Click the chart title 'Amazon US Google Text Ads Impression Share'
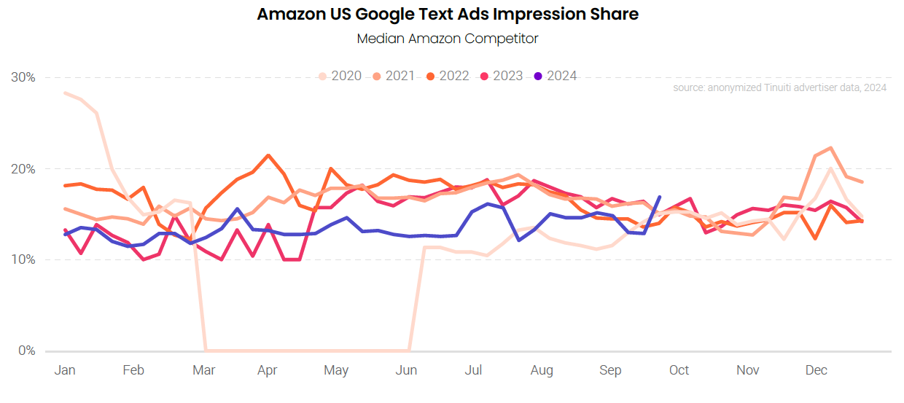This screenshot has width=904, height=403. tap(448, 14)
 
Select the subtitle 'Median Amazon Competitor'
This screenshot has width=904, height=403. tap(448, 39)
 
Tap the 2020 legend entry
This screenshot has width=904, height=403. tap(340, 76)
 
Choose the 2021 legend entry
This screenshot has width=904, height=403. tap(394, 76)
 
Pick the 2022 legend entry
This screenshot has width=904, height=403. tap(448, 76)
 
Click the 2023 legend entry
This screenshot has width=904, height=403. tap(502, 76)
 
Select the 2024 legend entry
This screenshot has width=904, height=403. tap(556, 76)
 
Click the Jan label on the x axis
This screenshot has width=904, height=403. tap(65, 371)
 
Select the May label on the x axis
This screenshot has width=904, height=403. tap(336, 371)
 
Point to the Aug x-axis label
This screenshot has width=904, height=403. tap(542, 371)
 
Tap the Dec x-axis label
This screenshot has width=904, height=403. tap(817, 371)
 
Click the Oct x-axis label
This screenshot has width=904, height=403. tap(679, 371)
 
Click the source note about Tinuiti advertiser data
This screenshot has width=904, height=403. tap(779, 88)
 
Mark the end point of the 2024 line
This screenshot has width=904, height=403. tap(659, 197)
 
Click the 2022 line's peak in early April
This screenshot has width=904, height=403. tap(268, 155)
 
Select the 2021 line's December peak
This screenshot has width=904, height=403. tap(831, 148)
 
